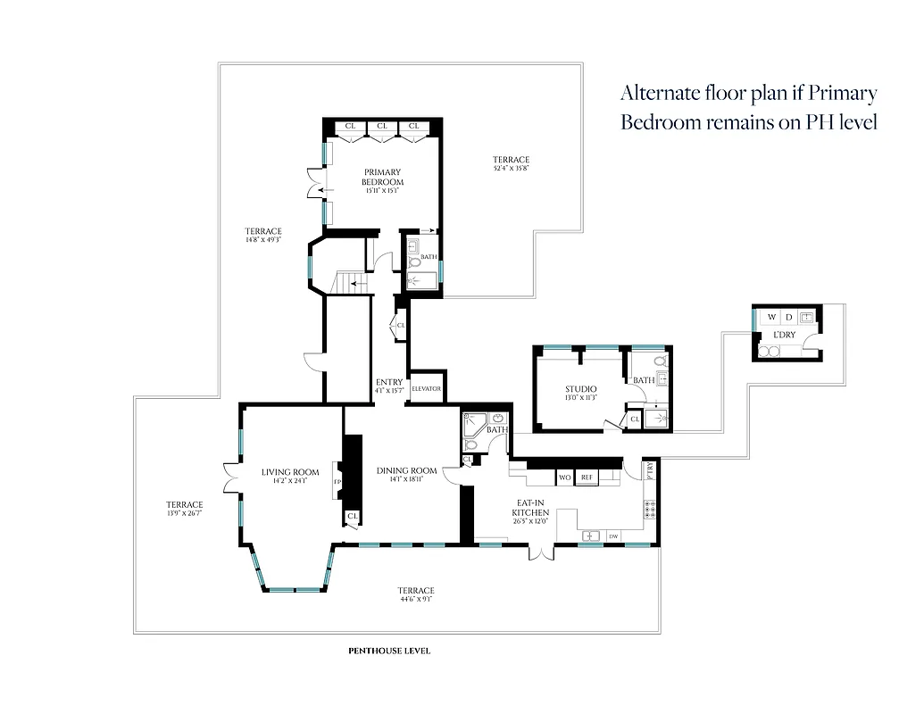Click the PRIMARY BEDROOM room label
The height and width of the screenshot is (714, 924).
click(382, 177)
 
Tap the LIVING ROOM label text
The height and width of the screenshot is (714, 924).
click(290, 473)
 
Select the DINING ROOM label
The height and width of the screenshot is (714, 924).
click(406, 471)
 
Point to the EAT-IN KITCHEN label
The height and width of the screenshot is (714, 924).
click(536, 508)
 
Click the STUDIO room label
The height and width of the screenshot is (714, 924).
click(580, 389)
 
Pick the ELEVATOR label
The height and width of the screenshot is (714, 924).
click(427, 389)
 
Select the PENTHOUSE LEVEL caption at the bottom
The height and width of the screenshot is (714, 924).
click(389, 651)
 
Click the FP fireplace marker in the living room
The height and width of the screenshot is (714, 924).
click(337, 482)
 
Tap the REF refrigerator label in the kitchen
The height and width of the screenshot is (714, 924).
click(587, 478)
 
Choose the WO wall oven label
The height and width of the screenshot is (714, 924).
click(564, 478)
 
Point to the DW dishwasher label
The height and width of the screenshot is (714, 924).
click(613, 536)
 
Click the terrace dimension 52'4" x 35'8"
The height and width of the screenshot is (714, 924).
click(517, 168)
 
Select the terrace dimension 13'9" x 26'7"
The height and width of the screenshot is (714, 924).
click(184, 515)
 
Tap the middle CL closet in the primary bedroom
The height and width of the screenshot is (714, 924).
click(381, 127)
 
